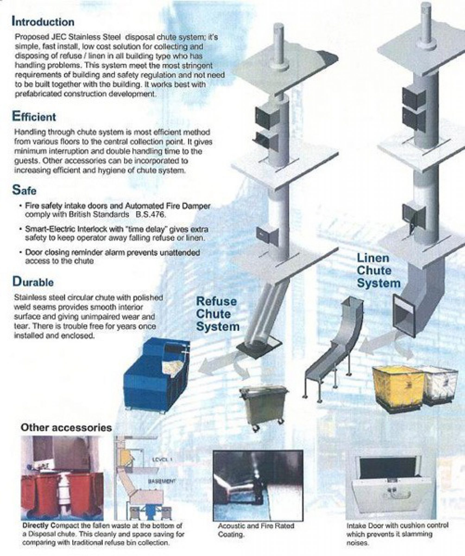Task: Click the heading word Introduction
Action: [x=43, y=22]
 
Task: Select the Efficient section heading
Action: [x=34, y=117]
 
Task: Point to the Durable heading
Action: [x=33, y=282]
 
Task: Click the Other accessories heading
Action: [x=66, y=428]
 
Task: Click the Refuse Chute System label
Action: [x=217, y=314]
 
